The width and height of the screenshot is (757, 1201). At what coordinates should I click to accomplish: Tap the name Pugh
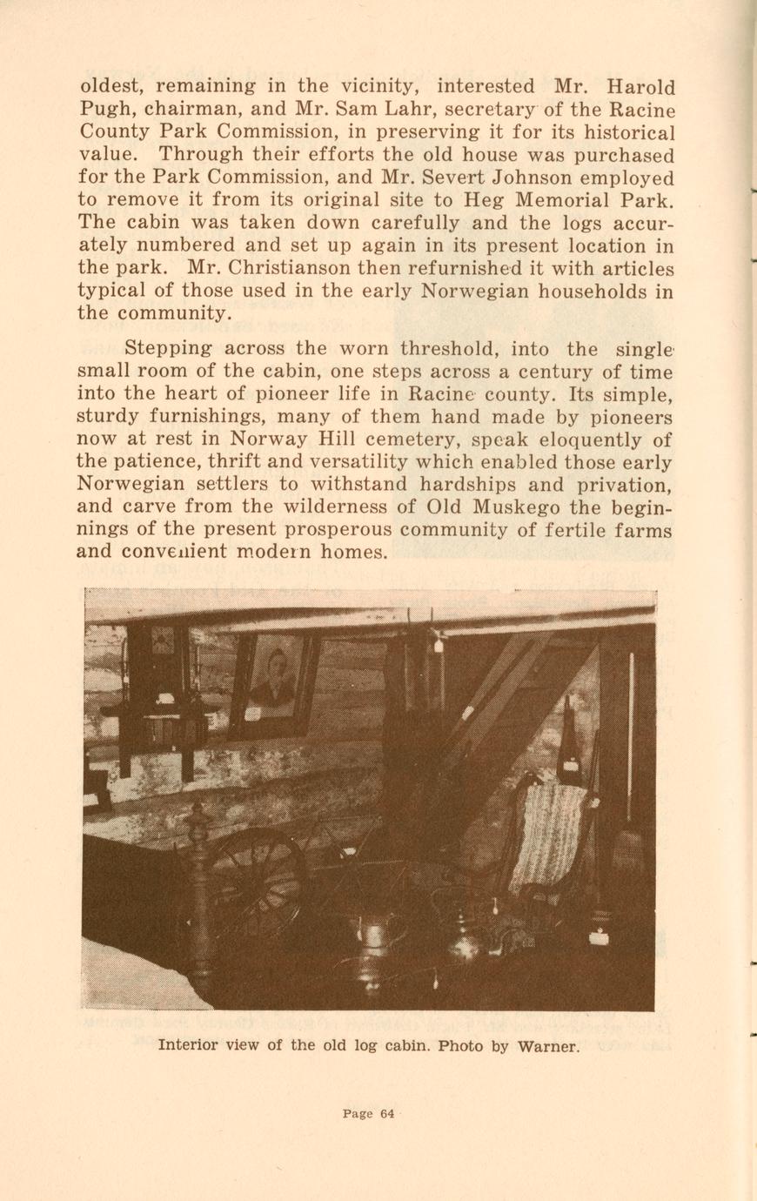[104, 111]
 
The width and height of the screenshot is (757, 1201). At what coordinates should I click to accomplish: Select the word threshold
[449, 349]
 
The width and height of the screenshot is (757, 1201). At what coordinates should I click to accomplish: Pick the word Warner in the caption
[548, 1045]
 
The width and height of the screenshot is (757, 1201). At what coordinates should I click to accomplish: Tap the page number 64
[387, 1113]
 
